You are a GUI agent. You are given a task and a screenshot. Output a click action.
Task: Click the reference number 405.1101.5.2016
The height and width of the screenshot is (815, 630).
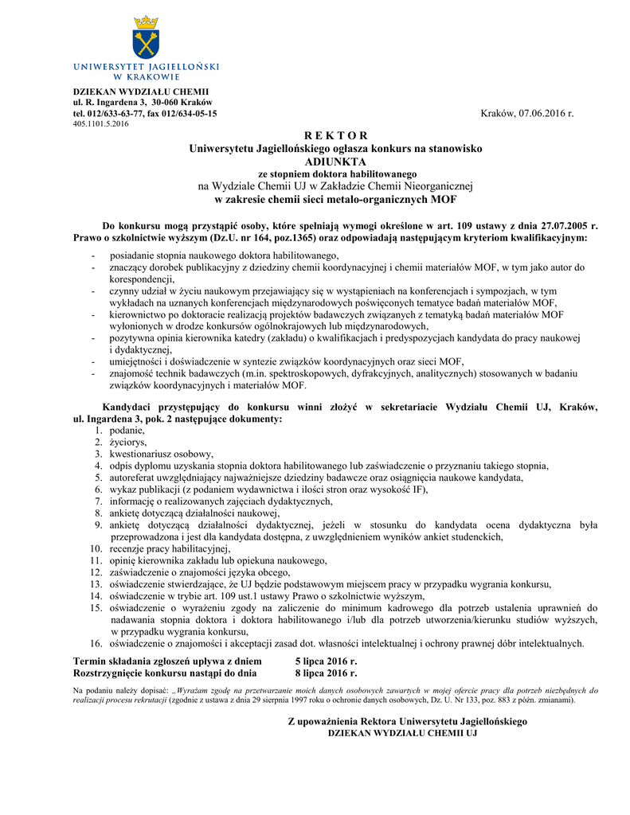[100, 124]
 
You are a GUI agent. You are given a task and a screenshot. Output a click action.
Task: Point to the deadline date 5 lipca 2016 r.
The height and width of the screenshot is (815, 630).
[326, 661]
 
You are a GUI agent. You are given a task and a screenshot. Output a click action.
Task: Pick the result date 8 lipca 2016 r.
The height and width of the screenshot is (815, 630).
[326, 673]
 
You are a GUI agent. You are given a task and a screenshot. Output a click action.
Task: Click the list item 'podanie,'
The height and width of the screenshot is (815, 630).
[127, 430]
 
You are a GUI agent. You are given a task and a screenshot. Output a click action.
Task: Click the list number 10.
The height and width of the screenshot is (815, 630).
[96, 548]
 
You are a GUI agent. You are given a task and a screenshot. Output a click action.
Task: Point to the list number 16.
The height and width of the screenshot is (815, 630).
[96, 643]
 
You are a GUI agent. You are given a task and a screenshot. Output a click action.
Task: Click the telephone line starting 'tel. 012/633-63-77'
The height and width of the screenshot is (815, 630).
[145, 114]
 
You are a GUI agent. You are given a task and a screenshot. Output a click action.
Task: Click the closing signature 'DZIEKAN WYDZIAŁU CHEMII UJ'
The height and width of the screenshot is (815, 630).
[403, 731]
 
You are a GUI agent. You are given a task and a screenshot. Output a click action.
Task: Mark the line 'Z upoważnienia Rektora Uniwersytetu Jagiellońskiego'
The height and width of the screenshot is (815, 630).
[407, 720]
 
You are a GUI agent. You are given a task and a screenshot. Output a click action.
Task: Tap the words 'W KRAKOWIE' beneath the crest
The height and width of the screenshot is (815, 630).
[146, 77]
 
